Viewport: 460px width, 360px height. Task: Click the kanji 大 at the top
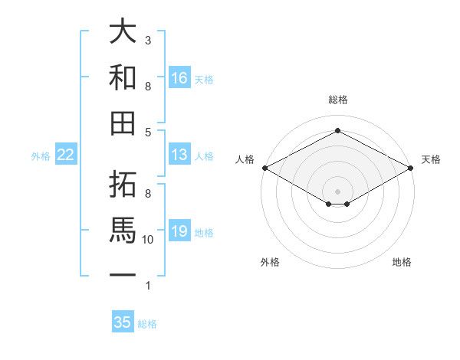[123, 33]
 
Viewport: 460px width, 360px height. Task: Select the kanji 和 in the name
[123, 77]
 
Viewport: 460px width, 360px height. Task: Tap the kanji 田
[123, 123]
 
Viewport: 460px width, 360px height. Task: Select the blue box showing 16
[179, 78]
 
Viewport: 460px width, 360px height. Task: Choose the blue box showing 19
[179, 231]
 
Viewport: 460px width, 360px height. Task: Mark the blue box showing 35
[123, 322]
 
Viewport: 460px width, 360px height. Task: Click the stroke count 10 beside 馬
[148, 240]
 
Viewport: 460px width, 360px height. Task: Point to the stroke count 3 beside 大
[148, 40]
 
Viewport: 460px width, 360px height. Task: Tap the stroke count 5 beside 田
[148, 133]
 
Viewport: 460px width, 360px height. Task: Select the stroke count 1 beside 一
[148, 286]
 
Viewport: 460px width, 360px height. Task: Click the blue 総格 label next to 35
[147, 324]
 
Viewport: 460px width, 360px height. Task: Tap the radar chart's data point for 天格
[412, 168]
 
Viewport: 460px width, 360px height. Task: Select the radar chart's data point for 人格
[264, 168]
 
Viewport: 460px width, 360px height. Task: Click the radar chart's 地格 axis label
[402, 263]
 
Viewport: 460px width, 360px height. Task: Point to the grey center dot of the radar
[337, 190]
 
